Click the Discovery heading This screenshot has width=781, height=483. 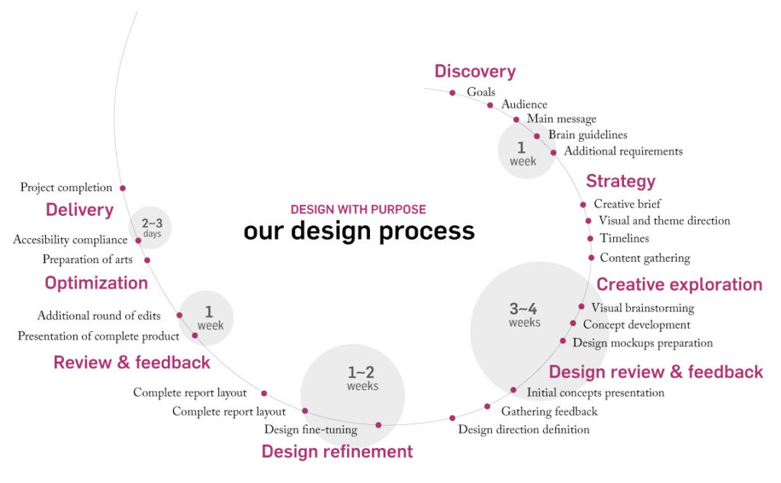(474, 71)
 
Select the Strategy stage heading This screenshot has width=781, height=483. (621, 182)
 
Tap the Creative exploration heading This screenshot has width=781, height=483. (680, 285)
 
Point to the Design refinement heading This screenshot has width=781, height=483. (337, 452)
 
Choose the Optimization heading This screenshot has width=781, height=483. (96, 283)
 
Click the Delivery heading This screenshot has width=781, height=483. (79, 210)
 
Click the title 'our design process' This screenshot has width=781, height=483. (359, 230)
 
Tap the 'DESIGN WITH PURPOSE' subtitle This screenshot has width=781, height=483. (358, 209)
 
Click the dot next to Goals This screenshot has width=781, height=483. (452, 93)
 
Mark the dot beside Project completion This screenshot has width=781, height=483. (123, 188)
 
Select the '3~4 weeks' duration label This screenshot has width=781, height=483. (524, 315)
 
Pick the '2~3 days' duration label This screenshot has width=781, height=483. (152, 228)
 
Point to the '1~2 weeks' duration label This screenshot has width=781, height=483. (362, 378)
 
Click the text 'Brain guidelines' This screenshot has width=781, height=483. (588, 135)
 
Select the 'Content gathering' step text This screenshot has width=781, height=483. (645, 258)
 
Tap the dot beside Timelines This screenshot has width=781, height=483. (590, 239)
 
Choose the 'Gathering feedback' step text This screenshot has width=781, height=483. (549, 412)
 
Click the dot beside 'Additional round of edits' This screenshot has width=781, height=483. (179, 315)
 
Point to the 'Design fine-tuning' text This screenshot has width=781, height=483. (311, 430)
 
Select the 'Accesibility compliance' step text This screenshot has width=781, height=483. (70, 240)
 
